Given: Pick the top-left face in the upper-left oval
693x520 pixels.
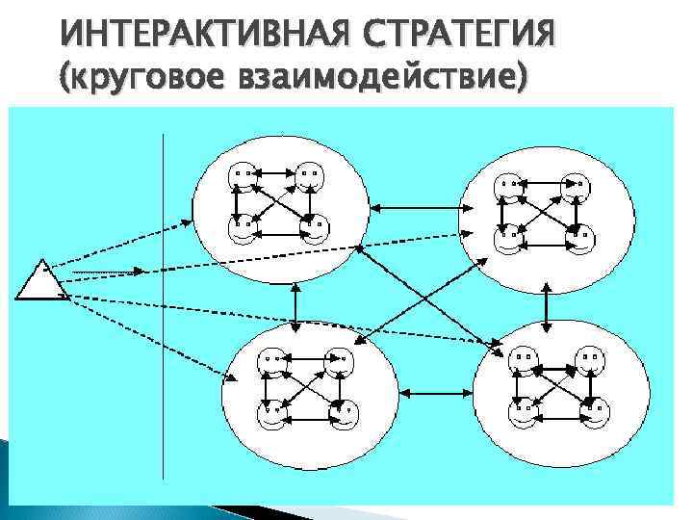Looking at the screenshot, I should point(242,176).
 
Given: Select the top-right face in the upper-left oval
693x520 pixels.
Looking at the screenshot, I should point(308,176).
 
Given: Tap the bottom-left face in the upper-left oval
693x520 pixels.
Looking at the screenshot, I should point(241,229).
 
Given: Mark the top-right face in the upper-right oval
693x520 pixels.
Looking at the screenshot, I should point(575,183).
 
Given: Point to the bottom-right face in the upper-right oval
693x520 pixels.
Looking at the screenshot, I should point(579,236).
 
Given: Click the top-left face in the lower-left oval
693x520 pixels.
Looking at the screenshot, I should point(269,362).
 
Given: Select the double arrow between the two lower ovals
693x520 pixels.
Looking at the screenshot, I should point(434,391).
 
